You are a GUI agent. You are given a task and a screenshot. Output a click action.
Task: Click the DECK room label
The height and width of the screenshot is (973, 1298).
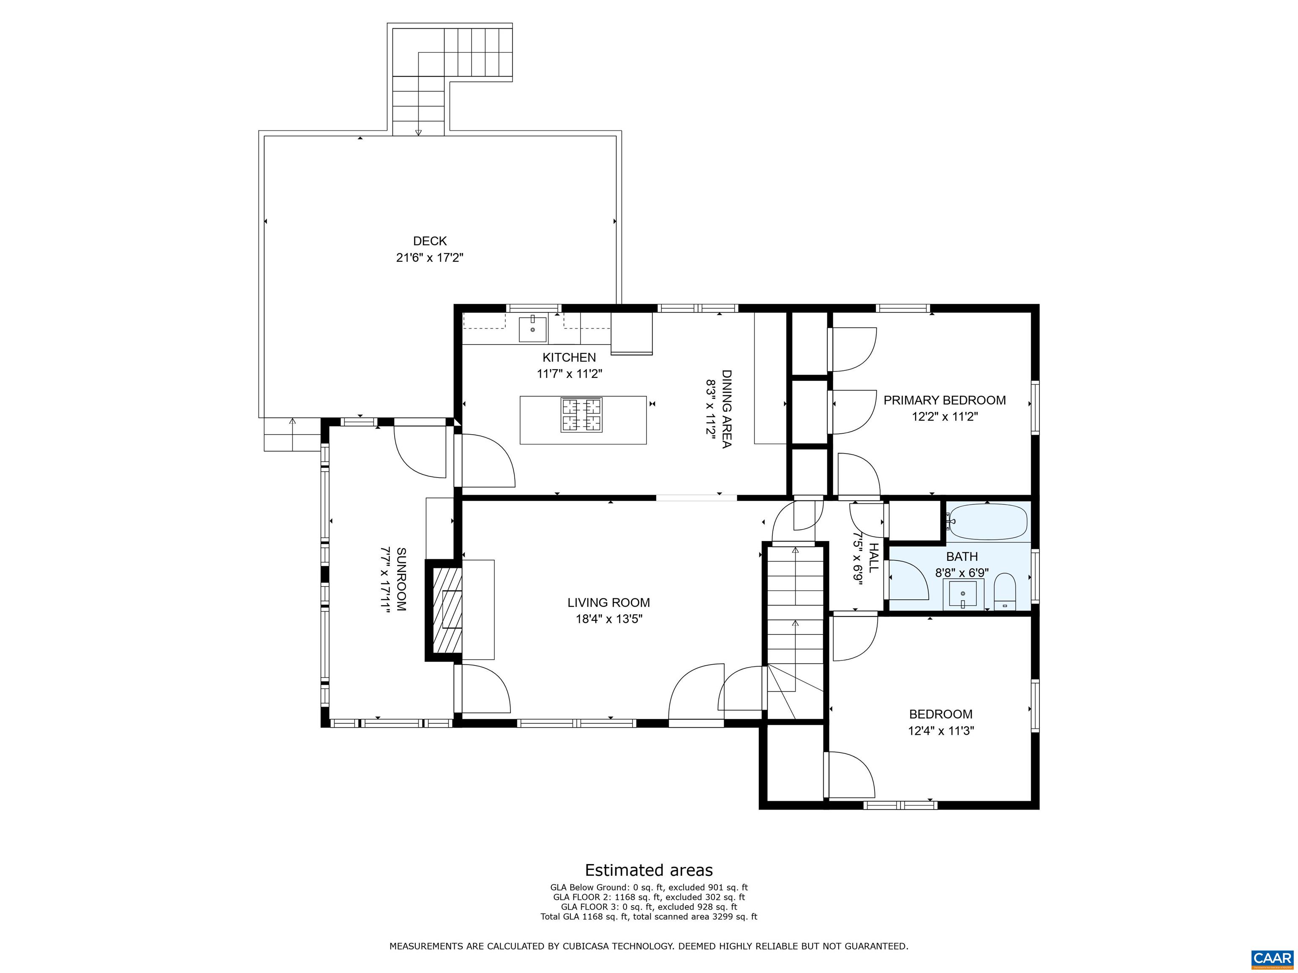(x=430, y=241)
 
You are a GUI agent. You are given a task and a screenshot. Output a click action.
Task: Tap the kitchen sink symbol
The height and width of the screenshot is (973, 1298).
(x=532, y=329)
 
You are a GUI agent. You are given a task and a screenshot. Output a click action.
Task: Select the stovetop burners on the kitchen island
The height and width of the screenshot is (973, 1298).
(x=581, y=415)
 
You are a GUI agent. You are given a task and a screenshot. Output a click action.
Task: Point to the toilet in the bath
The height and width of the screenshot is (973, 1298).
(x=1005, y=591)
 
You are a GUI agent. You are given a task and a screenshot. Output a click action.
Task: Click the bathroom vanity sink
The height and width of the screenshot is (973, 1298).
(x=963, y=595)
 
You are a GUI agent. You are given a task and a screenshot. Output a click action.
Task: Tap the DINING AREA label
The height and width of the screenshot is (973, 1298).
(x=726, y=409)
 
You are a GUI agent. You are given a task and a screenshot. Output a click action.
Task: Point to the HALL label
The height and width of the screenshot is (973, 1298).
(x=873, y=558)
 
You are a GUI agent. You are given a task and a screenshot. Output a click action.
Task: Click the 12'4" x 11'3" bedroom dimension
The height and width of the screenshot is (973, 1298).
(x=941, y=731)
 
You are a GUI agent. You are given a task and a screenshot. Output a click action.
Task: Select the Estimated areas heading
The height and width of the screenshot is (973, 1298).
(x=649, y=870)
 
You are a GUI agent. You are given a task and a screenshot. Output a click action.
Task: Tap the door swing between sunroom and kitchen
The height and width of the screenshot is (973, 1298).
(x=484, y=460)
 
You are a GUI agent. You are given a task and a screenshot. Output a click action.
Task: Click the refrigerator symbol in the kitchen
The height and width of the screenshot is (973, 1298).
(x=631, y=333)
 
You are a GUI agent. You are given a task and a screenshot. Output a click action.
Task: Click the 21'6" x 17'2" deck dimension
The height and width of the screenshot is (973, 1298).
(x=430, y=258)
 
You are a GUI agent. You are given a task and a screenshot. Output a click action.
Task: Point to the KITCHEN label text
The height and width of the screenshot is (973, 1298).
(x=569, y=358)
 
